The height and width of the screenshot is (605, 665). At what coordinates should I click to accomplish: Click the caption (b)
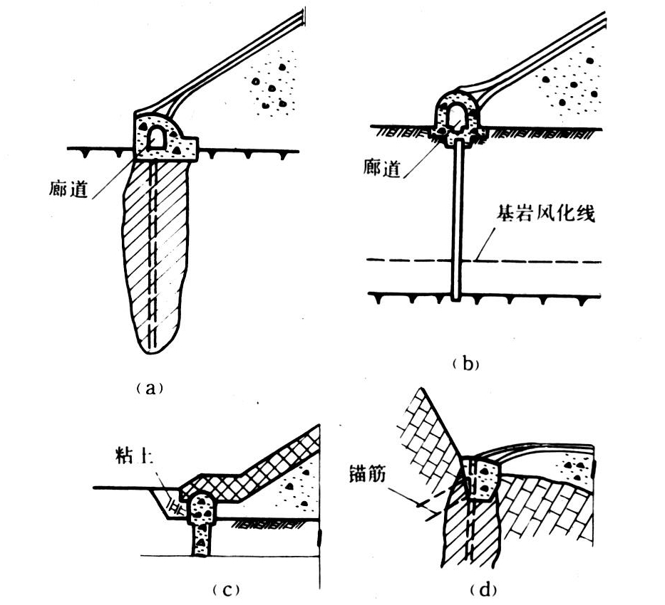466,364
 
